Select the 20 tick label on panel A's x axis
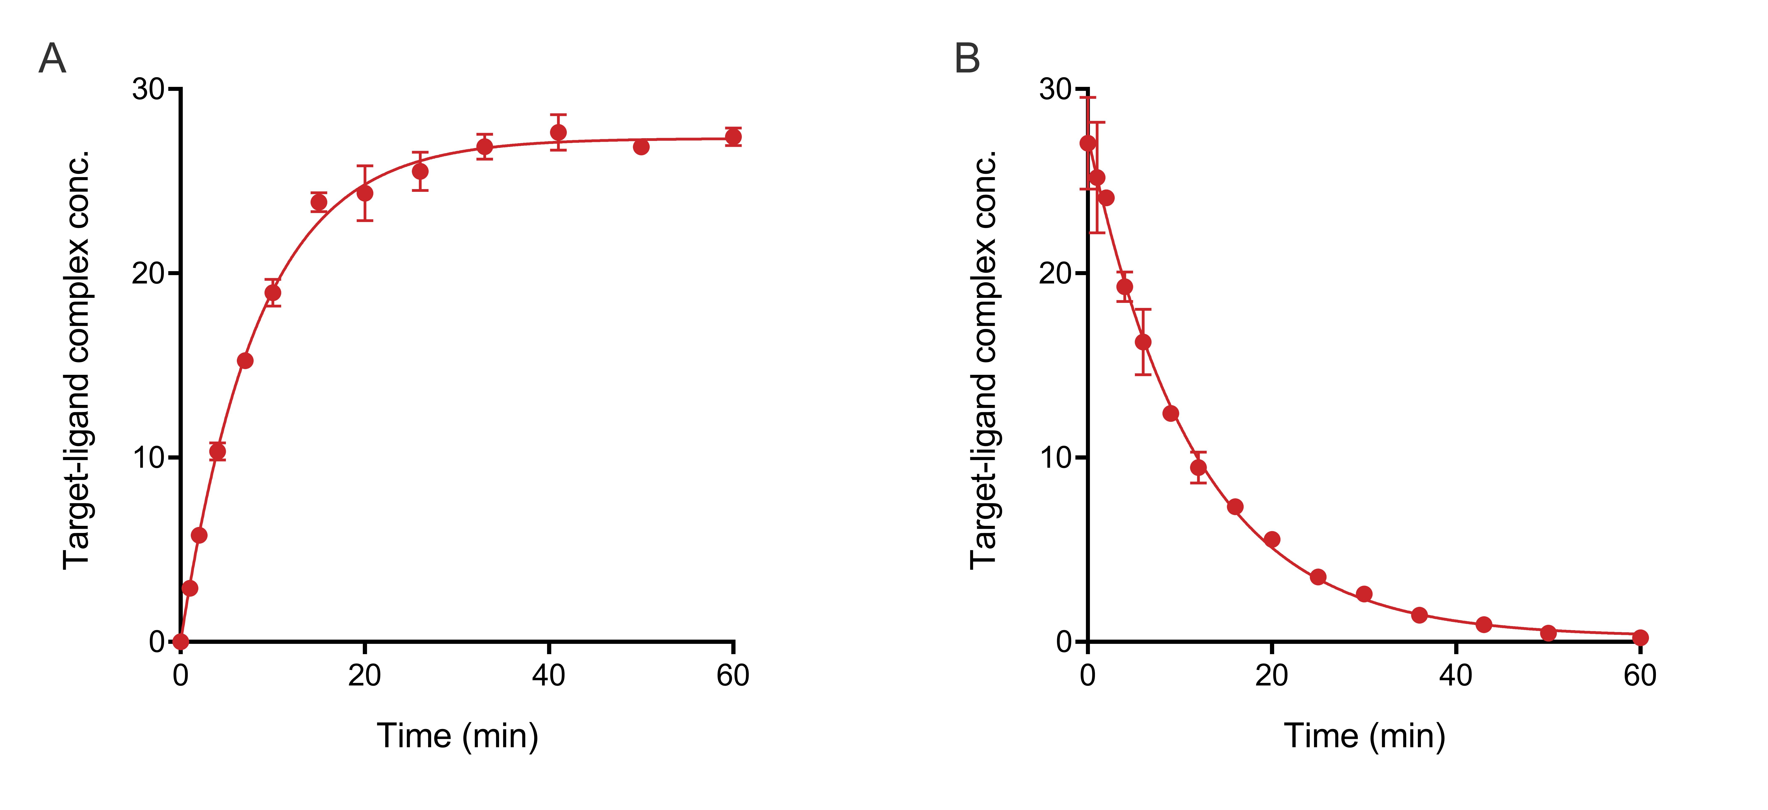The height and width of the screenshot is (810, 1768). pos(364,675)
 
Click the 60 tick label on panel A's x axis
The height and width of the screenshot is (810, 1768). pos(733,675)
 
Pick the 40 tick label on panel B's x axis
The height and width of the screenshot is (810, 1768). pos(1456,675)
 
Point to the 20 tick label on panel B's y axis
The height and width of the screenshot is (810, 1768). pos(1056,273)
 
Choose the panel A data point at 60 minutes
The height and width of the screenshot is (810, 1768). pos(733,137)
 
